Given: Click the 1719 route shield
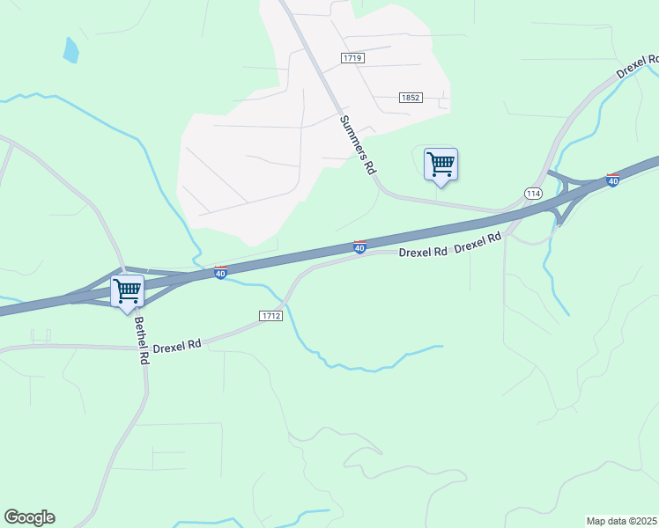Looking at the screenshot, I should pos(352,57).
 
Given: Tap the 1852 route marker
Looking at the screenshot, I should pos(409,98).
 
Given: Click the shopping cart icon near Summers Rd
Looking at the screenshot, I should pos(441,164).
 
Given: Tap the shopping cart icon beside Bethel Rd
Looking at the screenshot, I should pos(128,291).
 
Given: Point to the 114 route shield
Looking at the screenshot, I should pos(533,193).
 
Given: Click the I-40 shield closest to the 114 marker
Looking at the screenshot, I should pos(612,180).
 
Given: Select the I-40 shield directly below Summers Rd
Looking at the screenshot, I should pos(360,248).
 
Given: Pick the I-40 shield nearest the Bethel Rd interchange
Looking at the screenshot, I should pos(220,274).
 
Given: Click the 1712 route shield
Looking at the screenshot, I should pos(270,315).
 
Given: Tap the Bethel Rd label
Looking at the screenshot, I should pos(140,342).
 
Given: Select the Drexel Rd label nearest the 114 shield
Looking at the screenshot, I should pos(478,243).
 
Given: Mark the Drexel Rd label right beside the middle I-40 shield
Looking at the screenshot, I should pos(423,252).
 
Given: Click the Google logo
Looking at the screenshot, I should pos(29,517).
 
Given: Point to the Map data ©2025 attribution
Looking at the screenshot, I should pos(621,521).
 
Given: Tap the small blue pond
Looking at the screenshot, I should pos(70,50).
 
